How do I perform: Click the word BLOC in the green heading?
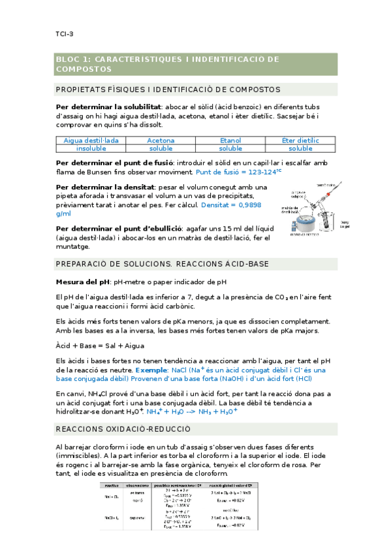coord(69,59)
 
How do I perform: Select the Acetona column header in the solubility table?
coord(161,140)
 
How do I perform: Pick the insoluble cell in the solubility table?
coord(91,148)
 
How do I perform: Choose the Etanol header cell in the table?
coord(230,140)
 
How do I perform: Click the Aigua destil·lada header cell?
coord(91,140)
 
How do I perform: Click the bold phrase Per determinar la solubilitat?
coord(108,106)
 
